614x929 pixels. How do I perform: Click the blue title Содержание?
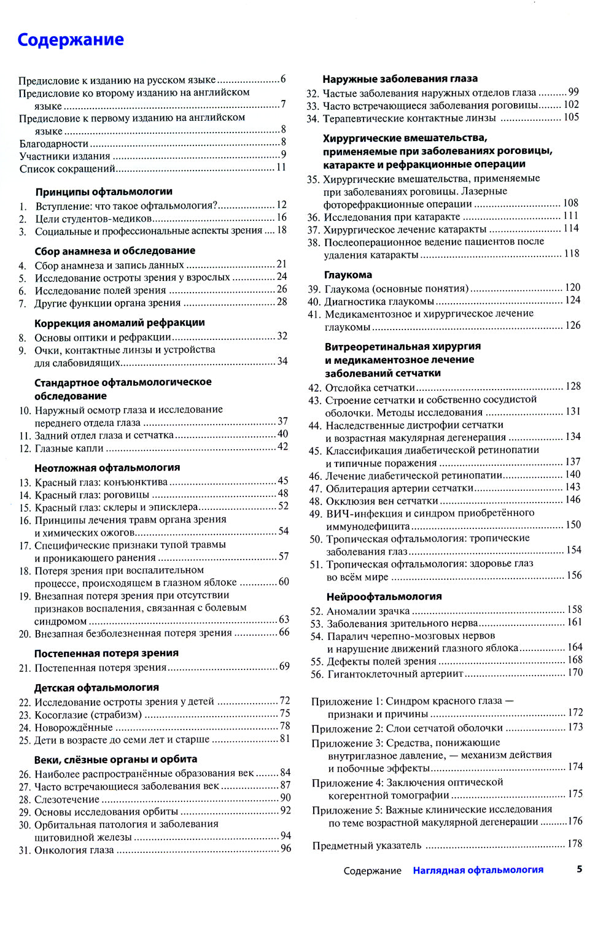71,40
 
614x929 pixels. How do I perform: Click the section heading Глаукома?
348,275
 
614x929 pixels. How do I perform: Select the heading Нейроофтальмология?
384,596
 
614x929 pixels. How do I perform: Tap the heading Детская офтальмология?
96,688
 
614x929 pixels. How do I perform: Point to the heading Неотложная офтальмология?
107,468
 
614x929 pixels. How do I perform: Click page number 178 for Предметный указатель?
575,844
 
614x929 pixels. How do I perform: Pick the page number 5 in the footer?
580,869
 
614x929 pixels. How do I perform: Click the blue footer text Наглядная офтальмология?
478,870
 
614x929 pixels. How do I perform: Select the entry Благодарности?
54,144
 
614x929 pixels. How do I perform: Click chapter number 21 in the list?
25,668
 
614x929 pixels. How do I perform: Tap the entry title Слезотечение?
67,800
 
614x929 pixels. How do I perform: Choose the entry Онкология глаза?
74,850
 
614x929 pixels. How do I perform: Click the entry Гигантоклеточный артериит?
395,674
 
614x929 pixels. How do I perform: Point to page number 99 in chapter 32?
573,92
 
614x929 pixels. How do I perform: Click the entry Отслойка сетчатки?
370,388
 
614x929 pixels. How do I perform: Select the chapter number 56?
316,674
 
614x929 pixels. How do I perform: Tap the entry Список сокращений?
67,169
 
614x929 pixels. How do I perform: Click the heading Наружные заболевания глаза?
400,79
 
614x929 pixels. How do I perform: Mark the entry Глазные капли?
69,449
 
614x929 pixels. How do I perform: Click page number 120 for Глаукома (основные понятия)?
572,288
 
